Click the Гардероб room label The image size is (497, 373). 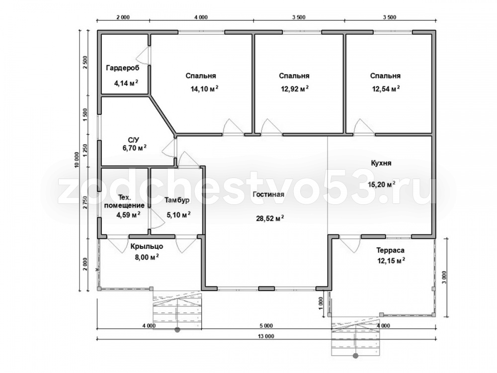tap(123, 68)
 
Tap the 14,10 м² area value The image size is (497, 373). tap(204, 89)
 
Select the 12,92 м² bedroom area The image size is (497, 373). tap(295, 89)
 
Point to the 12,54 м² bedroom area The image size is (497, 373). tap(386, 89)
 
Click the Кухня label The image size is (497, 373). tap(381, 163)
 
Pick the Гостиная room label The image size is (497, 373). tap(268, 194)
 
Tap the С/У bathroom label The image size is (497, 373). tap(133, 140)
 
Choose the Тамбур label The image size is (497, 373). tap(177, 200)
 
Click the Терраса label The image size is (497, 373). tap(390, 250)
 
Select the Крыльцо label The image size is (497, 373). tap(147, 246)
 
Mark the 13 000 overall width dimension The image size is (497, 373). tap(266, 337)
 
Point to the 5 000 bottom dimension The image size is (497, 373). tap(266, 326)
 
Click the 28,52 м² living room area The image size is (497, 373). tap(270, 218)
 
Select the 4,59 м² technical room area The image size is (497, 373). tap(128, 215)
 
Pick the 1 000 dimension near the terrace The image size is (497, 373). tap(321, 303)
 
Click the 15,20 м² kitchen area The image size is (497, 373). tap(381, 185)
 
